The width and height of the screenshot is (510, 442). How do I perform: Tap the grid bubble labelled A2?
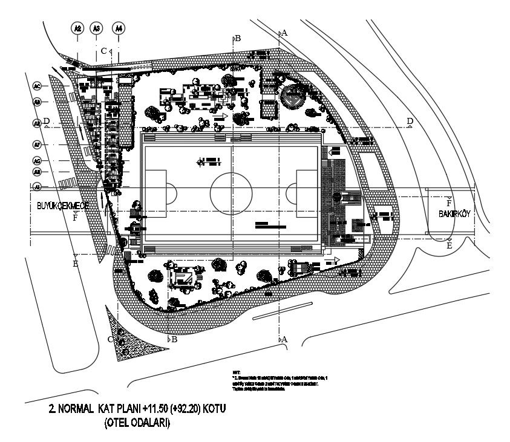pos(77,28)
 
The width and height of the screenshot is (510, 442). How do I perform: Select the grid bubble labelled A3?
pos(96,28)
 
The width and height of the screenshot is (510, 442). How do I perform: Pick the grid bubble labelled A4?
pos(119,28)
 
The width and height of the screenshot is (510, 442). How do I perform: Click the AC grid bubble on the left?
pos(37,86)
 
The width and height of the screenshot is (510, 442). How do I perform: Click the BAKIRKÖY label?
pos(456,215)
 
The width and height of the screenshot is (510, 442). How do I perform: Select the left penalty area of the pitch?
pos(155,193)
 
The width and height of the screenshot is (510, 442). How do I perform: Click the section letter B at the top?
pos(238,38)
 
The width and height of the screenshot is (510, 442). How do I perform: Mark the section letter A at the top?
pos(284,33)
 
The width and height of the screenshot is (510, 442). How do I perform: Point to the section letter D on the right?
pos(410,122)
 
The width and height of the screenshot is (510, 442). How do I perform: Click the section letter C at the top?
pos(103,51)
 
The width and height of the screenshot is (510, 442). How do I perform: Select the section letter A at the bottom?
pos(284,340)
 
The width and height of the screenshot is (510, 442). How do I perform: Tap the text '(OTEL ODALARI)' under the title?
pos(137,423)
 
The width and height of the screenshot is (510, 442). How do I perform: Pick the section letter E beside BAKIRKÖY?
pos(449,246)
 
